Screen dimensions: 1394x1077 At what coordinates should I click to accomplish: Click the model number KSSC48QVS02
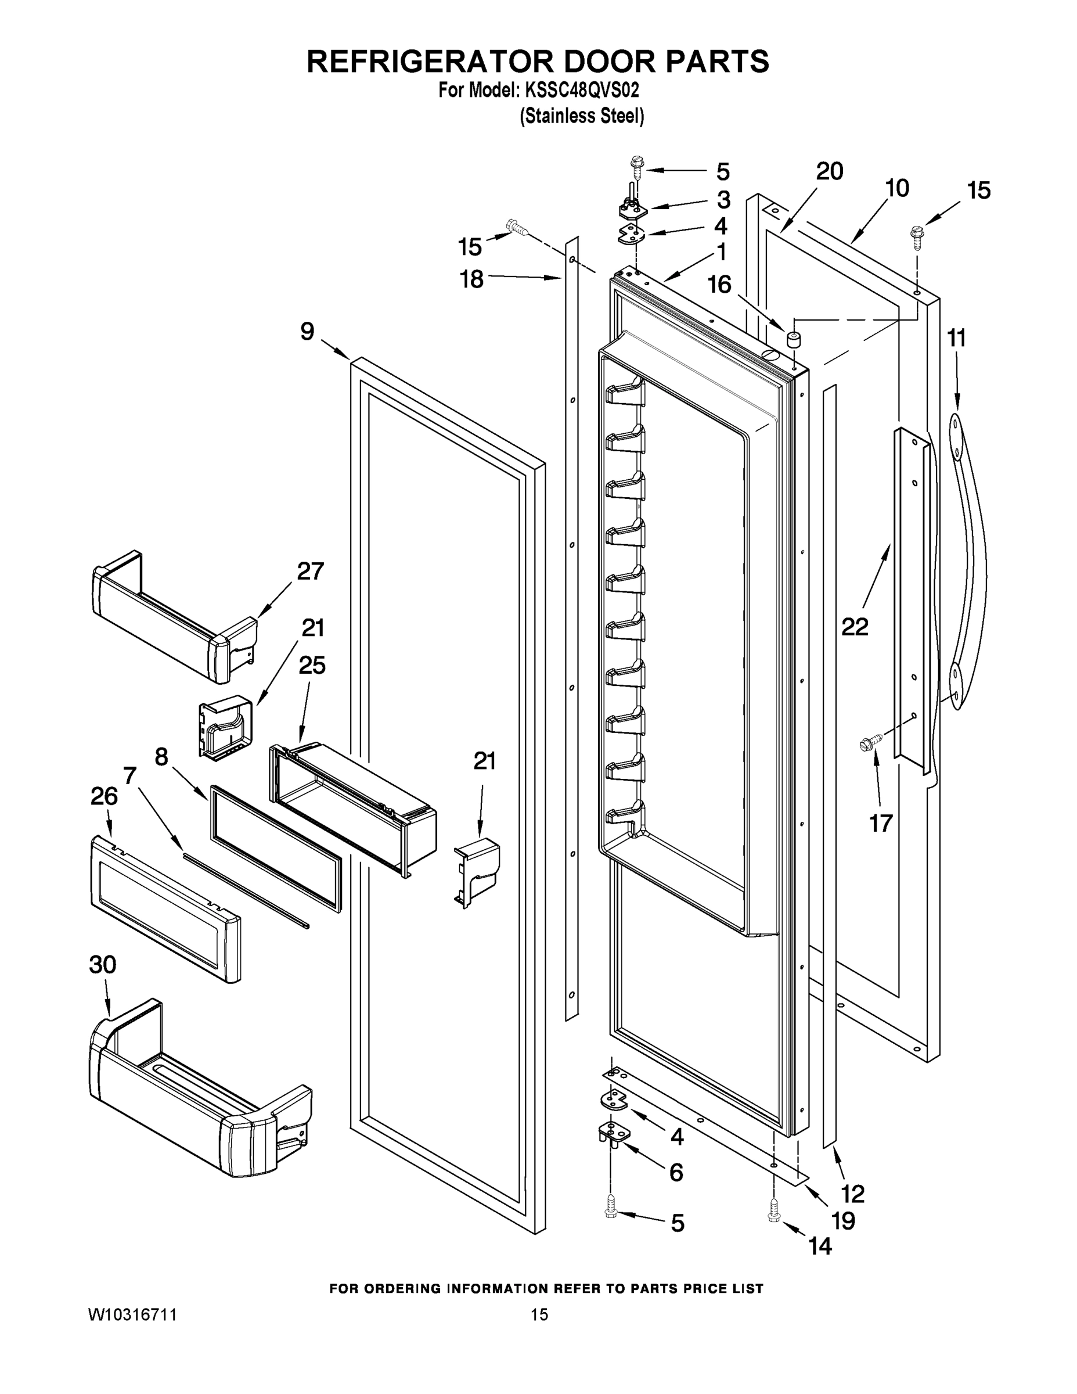tap(581, 91)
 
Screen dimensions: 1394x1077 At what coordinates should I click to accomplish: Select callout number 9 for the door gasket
tap(307, 331)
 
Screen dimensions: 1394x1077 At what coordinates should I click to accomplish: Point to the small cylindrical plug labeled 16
tap(794, 339)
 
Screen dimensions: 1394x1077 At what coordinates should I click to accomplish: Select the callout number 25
tap(311, 666)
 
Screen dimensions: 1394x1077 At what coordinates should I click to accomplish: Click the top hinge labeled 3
tap(631, 208)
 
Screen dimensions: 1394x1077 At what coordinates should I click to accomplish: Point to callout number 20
tap(830, 171)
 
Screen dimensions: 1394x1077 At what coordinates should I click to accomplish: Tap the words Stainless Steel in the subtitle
tap(581, 116)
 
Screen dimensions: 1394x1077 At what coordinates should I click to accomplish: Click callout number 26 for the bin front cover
tap(104, 796)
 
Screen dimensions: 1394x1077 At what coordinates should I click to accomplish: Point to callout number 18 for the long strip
tap(472, 279)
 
